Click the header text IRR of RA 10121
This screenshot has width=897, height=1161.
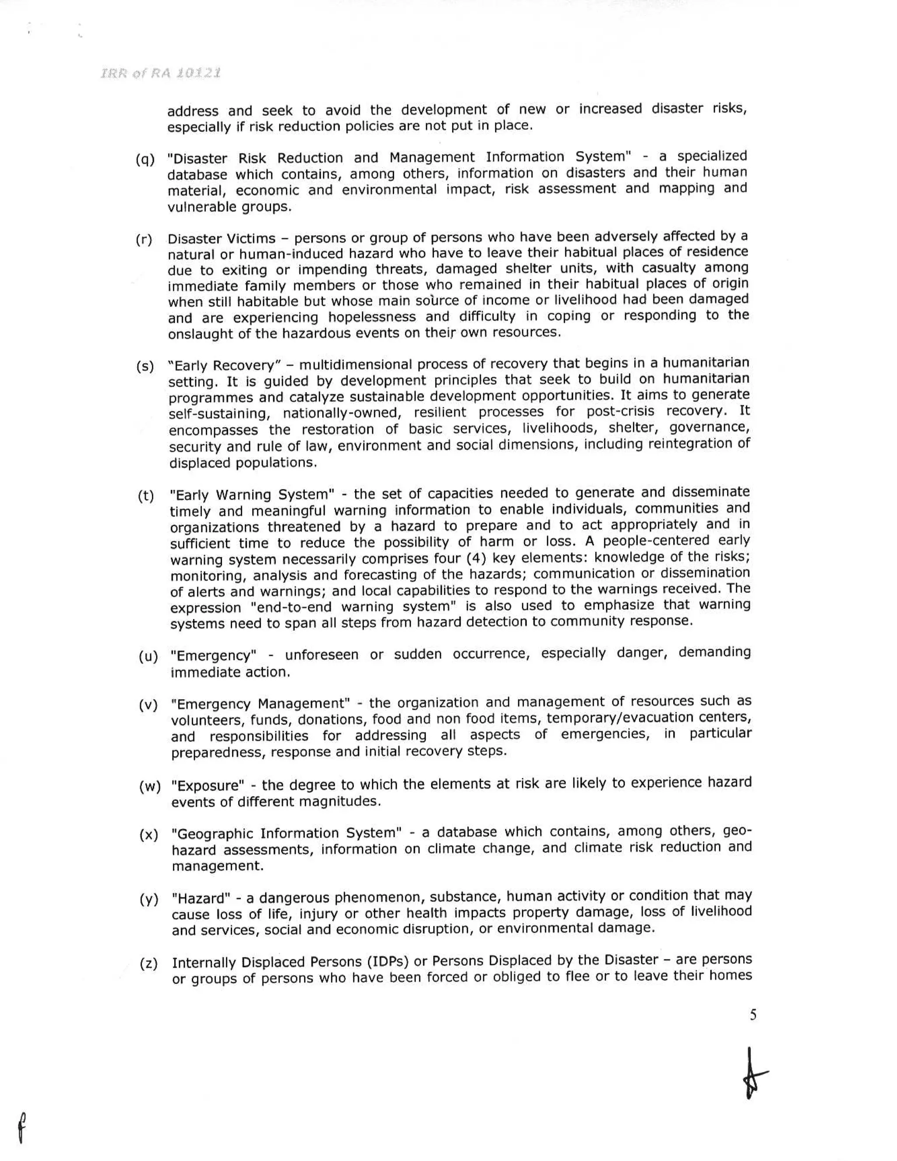point(160,73)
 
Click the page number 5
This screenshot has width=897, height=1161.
point(752,1015)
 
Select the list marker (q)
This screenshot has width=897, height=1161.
point(145,159)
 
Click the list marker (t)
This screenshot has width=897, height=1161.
point(146,496)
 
